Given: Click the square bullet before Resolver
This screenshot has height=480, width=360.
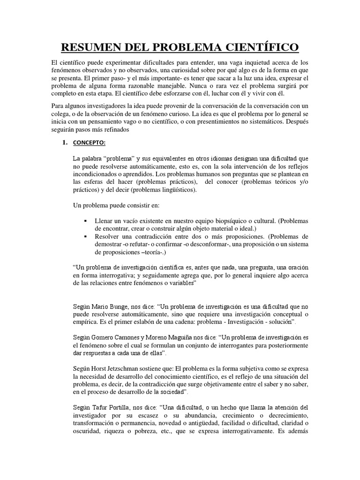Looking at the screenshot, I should coord(85,236).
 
